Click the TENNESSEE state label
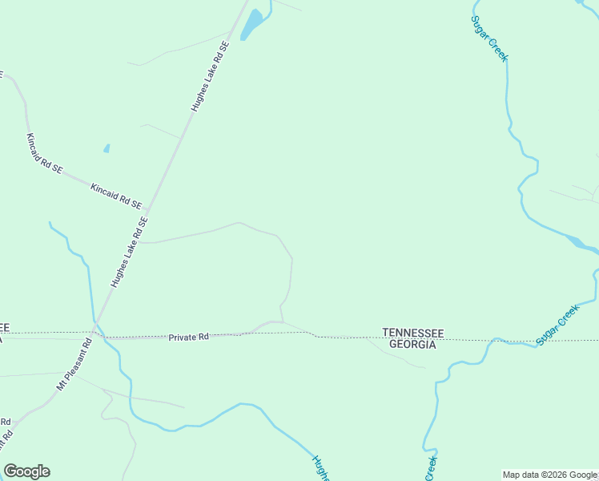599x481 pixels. click(x=412, y=332)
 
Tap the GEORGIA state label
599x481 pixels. click(x=412, y=344)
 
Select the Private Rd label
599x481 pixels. click(x=188, y=338)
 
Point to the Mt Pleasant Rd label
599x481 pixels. click(x=74, y=364)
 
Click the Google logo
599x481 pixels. click(x=26, y=471)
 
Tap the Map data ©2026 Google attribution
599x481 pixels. click(x=549, y=475)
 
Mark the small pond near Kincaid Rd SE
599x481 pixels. click(x=107, y=148)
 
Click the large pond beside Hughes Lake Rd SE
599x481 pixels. click(x=251, y=25)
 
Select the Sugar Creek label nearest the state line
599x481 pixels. click(x=557, y=325)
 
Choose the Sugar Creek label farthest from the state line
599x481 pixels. click(x=488, y=38)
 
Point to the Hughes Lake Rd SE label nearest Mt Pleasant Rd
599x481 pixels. click(x=131, y=252)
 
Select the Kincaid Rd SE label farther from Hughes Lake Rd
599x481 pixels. click(x=45, y=152)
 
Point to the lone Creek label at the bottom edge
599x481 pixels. click(x=431, y=468)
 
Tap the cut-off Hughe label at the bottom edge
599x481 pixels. click(x=320, y=469)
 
